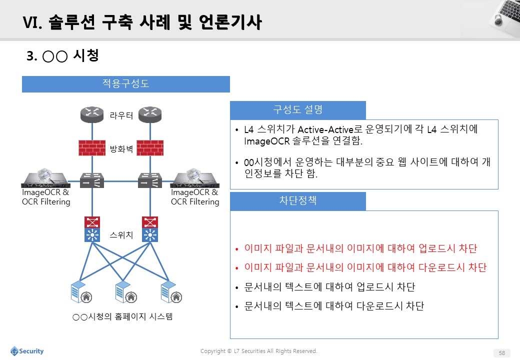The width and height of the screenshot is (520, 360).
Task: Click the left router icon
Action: tap(92, 114)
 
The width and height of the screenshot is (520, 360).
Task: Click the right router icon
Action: tap(150, 114)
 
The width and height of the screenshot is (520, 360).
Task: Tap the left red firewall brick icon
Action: tap(92, 148)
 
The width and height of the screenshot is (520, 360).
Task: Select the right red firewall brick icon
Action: tap(150, 148)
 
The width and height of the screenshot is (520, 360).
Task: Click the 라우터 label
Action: tap(121, 115)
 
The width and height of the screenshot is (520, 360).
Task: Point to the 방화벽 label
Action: tap(121, 149)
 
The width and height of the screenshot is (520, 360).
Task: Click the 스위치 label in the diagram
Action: tap(121, 235)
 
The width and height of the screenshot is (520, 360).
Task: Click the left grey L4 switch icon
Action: tap(92, 180)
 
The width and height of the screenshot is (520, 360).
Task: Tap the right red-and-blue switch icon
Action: tap(150, 229)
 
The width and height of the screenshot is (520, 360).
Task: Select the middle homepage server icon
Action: tap(126, 291)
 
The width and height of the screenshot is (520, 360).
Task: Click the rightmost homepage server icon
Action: tap(171, 291)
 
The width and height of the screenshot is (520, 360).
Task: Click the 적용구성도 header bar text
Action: tap(125, 83)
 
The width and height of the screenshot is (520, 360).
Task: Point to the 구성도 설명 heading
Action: tap(298, 109)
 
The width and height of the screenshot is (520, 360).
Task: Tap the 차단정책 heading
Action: tap(298, 200)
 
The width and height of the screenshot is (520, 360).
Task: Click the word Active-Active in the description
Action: tap(325, 129)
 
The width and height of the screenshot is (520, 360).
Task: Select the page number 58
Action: tap(502, 353)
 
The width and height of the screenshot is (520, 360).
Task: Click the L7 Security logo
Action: tap(27, 351)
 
